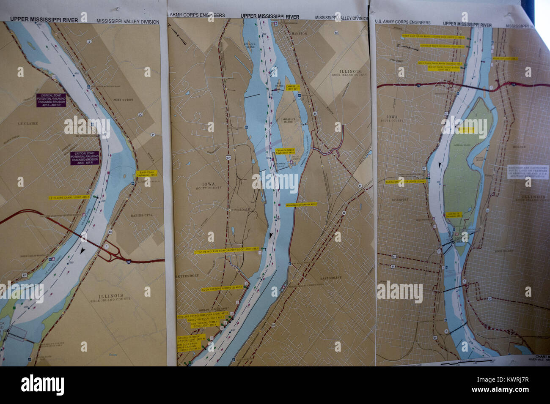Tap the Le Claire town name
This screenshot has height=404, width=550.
[28, 124]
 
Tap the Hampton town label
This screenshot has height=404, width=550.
[299, 33]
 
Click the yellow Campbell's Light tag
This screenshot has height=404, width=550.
[292, 88]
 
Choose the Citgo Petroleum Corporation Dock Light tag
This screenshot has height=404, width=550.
[226, 251]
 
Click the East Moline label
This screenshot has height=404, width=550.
[331, 278]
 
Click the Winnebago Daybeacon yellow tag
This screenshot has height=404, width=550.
[302, 204]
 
